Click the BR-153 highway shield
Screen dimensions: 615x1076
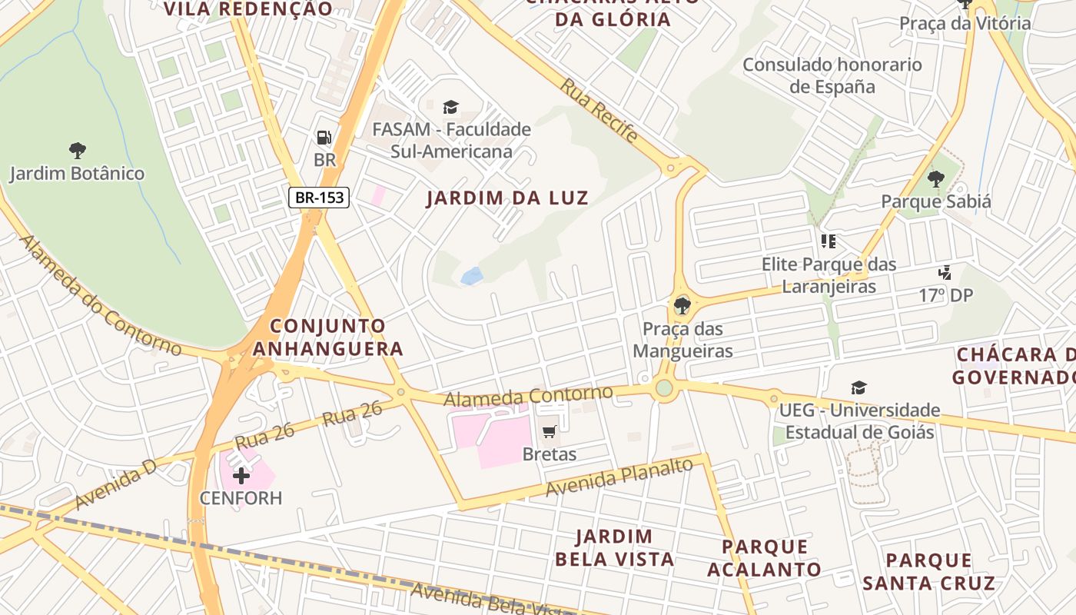pyautogui.click(x=320, y=198)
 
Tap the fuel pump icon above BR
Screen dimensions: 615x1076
pyautogui.click(x=324, y=138)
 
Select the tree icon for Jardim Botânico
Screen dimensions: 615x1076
pyautogui.click(x=77, y=150)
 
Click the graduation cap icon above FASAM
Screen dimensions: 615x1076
pyautogui.click(x=450, y=107)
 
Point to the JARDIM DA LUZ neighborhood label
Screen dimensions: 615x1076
pyautogui.click(x=507, y=198)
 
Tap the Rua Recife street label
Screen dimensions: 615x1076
pyautogui.click(x=599, y=110)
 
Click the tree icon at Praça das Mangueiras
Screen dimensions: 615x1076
pyautogui.click(x=681, y=306)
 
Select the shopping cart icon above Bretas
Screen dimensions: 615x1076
pyautogui.click(x=549, y=432)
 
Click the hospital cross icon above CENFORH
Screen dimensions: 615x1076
pyautogui.click(x=241, y=476)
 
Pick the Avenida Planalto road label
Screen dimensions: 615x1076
pyautogui.click(x=619, y=477)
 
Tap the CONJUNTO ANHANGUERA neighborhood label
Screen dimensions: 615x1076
pyautogui.click(x=328, y=337)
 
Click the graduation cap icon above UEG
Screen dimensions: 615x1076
pyautogui.click(x=858, y=388)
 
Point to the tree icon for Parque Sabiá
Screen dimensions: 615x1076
pyautogui.click(x=935, y=180)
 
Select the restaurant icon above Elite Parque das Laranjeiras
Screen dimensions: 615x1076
pyautogui.click(x=828, y=242)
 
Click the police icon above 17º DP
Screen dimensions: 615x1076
pyautogui.click(x=945, y=273)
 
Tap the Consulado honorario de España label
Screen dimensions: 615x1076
pyautogui.click(x=832, y=75)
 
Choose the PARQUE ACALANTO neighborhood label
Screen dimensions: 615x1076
pyautogui.click(x=764, y=558)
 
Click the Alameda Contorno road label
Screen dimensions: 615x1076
pyautogui.click(x=528, y=397)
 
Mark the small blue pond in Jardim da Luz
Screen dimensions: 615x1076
pyautogui.click(x=471, y=276)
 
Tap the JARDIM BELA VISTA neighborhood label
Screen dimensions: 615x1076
pyautogui.click(x=614, y=547)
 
